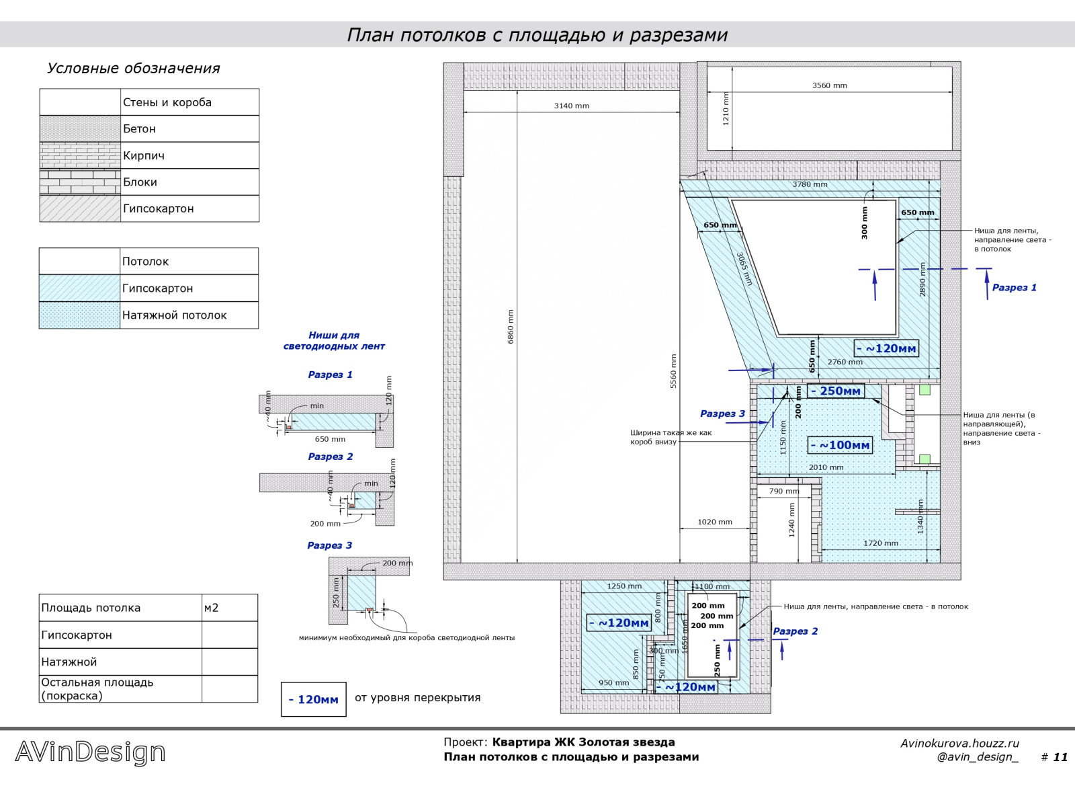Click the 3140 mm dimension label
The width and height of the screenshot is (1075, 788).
(571, 106)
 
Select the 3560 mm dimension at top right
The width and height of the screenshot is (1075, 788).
(829, 85)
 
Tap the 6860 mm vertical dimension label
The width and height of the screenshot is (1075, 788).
(511, 327)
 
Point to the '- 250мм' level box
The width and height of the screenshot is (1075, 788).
(835, 391)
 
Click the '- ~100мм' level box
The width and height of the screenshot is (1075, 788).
(840, 445)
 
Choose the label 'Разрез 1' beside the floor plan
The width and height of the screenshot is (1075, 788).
(1014, 288)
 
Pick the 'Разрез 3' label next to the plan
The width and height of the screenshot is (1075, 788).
(722, 414)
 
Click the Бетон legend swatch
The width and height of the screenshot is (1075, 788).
(80, 128)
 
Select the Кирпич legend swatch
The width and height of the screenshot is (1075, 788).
(80, 155)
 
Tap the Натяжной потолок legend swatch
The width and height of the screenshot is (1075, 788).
(79, 315)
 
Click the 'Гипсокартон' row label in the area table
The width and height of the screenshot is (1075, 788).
(77, 635)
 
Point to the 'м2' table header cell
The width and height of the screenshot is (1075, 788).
(211, 608)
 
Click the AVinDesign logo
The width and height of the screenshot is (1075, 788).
(90, 752)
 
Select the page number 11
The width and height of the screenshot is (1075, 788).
(1060, 758)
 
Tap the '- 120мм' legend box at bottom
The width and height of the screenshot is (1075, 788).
(313, 699)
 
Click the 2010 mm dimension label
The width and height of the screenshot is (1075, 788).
(826, 467)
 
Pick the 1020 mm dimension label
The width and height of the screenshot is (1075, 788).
(715, 522)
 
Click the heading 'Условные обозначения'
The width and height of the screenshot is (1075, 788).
(133, 69)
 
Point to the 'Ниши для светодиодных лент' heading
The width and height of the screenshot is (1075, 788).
(334, 341)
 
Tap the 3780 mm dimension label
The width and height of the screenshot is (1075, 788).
(810, 184)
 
